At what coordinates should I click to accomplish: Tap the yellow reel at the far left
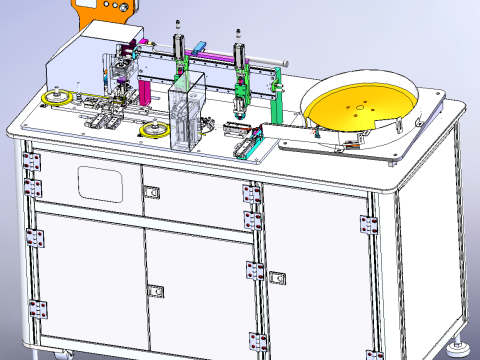click(x=57, y=97)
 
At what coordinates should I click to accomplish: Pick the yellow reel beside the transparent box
click(x=154, y=130)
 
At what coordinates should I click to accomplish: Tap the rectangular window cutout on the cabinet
click(x=100, y=181)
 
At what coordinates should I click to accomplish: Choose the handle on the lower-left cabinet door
click(x=156, y=291)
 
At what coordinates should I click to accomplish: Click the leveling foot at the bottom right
click(x=461, y=348)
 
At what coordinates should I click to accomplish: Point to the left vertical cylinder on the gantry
click(x=177, y=44)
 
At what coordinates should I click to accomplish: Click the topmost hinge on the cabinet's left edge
click(x=30, y=160)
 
